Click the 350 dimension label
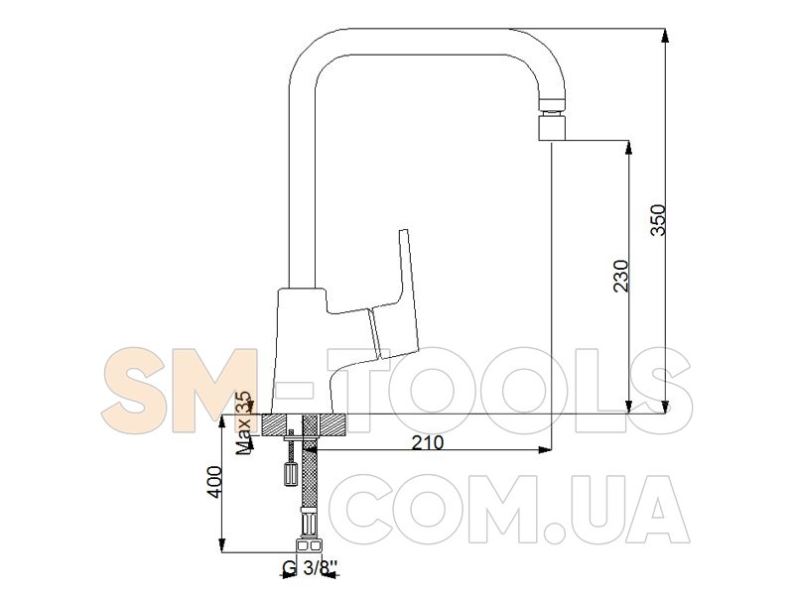pos(658,219)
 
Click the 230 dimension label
pos(621,276)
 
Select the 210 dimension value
pos(427,442)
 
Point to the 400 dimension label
pos(214,482)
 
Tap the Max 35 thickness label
pos(244,422)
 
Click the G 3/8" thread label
pos(310,568)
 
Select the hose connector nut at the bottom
pos(309,544)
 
